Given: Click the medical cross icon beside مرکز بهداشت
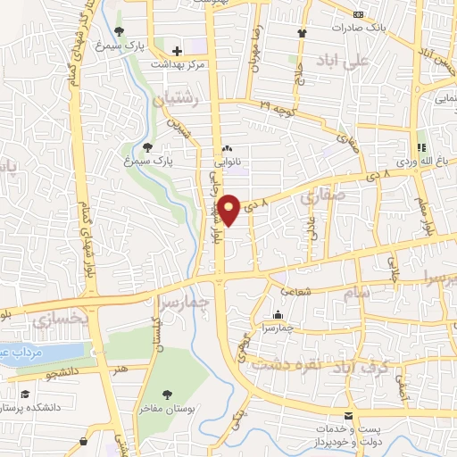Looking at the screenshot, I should (178, 51).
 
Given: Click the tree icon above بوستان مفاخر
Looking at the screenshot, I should (167, 394).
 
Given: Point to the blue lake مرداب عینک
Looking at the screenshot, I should (36, 352).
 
